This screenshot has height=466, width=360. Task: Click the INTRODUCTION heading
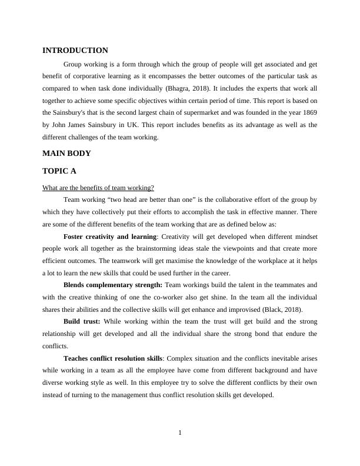pyautogui.click(x=75, y=51)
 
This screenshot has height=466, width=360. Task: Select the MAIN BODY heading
pyautogui.click(x=67, y=154)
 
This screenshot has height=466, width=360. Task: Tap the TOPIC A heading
pyautogui.click(x=59, y=171)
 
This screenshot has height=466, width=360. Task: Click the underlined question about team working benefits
pyautogui.click(x=98, y=188)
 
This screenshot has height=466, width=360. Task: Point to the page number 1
pyautogui.click(x=180, y=434)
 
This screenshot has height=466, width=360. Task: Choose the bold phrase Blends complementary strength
pyautogui.click(x=113, y=285)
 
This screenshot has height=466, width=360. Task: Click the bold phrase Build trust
pyautogui.click(x=82, y=322)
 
